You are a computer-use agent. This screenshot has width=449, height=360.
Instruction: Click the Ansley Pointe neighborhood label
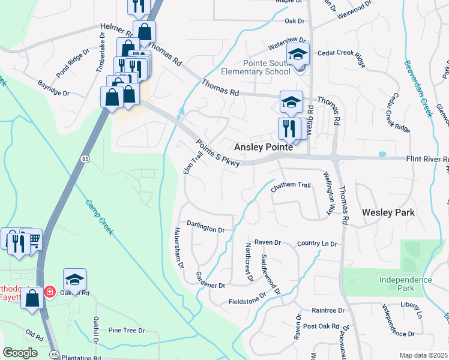point(264,147)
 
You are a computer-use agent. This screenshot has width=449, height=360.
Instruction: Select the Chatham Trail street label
point(291,186)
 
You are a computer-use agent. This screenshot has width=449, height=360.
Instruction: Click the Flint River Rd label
point(427,160)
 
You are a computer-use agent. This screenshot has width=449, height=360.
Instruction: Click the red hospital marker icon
point(50,292)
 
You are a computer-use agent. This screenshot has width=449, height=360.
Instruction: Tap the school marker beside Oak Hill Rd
point(74,279)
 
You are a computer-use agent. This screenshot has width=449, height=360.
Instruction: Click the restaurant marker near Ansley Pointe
point(286,127)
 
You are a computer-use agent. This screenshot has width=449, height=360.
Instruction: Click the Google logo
point(20,353)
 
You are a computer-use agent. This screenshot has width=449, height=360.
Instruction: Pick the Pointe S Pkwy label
point(218,153)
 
